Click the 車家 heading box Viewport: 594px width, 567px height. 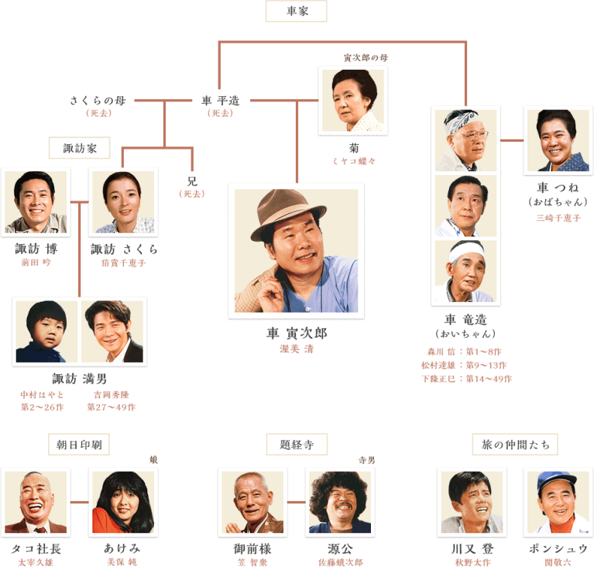tap(296, 12)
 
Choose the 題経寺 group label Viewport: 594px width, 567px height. tap(296, 444)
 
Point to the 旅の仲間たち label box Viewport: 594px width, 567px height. tap(514, 444)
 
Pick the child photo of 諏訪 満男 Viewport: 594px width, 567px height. tap(46, 331)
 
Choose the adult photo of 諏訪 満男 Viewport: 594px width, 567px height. tap(112, 331)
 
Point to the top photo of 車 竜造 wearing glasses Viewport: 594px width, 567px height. tap(465, 140)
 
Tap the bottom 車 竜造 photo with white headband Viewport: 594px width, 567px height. tap(465, 272)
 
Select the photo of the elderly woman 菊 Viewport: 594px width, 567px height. tap(352, 101)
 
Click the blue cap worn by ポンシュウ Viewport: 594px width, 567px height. tap(557, 481)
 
